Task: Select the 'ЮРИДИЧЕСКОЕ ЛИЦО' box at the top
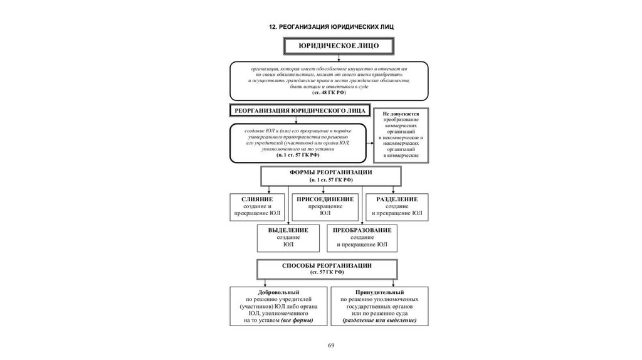tap(330, 46)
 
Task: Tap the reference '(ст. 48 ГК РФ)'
tap(329, 92)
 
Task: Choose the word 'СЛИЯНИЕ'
tap(257, 199)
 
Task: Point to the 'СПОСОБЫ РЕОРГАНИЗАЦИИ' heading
tap(327, 265)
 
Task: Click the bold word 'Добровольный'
tap(278, 292)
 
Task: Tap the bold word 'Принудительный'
tap(379, 292)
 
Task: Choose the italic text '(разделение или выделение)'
tap(379, 320)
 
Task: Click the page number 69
tap(331, 346)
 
